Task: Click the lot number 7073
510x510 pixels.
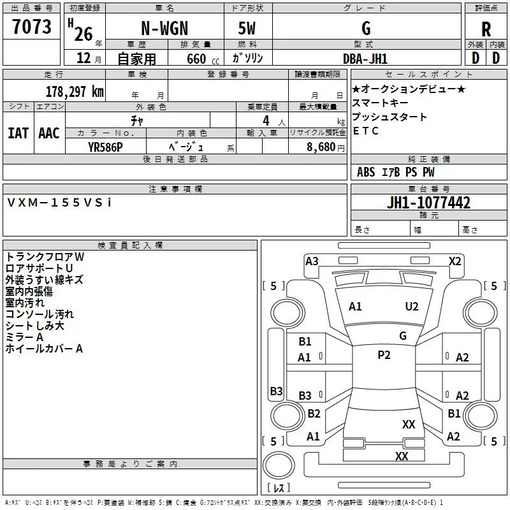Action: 31,26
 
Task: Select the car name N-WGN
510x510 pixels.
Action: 164,28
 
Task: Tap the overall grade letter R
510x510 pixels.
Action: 486,29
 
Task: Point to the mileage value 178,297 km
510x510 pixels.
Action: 75,92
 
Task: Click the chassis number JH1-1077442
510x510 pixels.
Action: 428,202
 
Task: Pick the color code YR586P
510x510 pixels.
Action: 105,147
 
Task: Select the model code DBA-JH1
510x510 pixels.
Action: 365,59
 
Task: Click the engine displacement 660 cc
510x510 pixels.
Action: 203,59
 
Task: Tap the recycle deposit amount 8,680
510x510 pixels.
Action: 321,147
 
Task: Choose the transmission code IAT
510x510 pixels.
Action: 18,133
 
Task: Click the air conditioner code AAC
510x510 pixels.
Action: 49,133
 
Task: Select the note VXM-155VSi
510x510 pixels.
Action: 59,203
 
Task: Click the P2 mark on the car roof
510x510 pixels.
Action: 384,354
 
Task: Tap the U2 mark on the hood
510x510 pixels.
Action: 412,307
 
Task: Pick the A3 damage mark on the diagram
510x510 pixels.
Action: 312,261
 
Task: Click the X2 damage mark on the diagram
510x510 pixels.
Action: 455,261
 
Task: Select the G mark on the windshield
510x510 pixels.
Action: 403,335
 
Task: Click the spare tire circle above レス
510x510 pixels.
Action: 279,465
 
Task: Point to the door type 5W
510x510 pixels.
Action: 247,28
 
